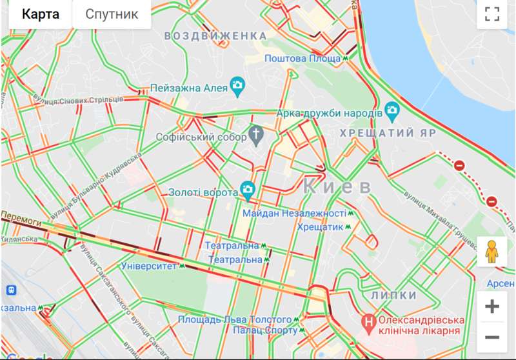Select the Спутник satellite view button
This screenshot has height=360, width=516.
112,14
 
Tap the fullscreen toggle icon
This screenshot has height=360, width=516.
492,14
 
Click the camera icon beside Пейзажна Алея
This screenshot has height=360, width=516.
238,86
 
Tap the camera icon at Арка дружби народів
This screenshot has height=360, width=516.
392,111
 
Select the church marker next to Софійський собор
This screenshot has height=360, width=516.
257,135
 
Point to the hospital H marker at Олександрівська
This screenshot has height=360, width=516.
368,319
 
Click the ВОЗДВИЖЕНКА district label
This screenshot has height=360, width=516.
215,35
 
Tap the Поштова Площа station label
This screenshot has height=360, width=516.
303,59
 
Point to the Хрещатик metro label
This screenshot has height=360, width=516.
321,227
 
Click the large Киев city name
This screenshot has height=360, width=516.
337,187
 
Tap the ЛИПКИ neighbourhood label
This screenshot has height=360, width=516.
393,295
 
